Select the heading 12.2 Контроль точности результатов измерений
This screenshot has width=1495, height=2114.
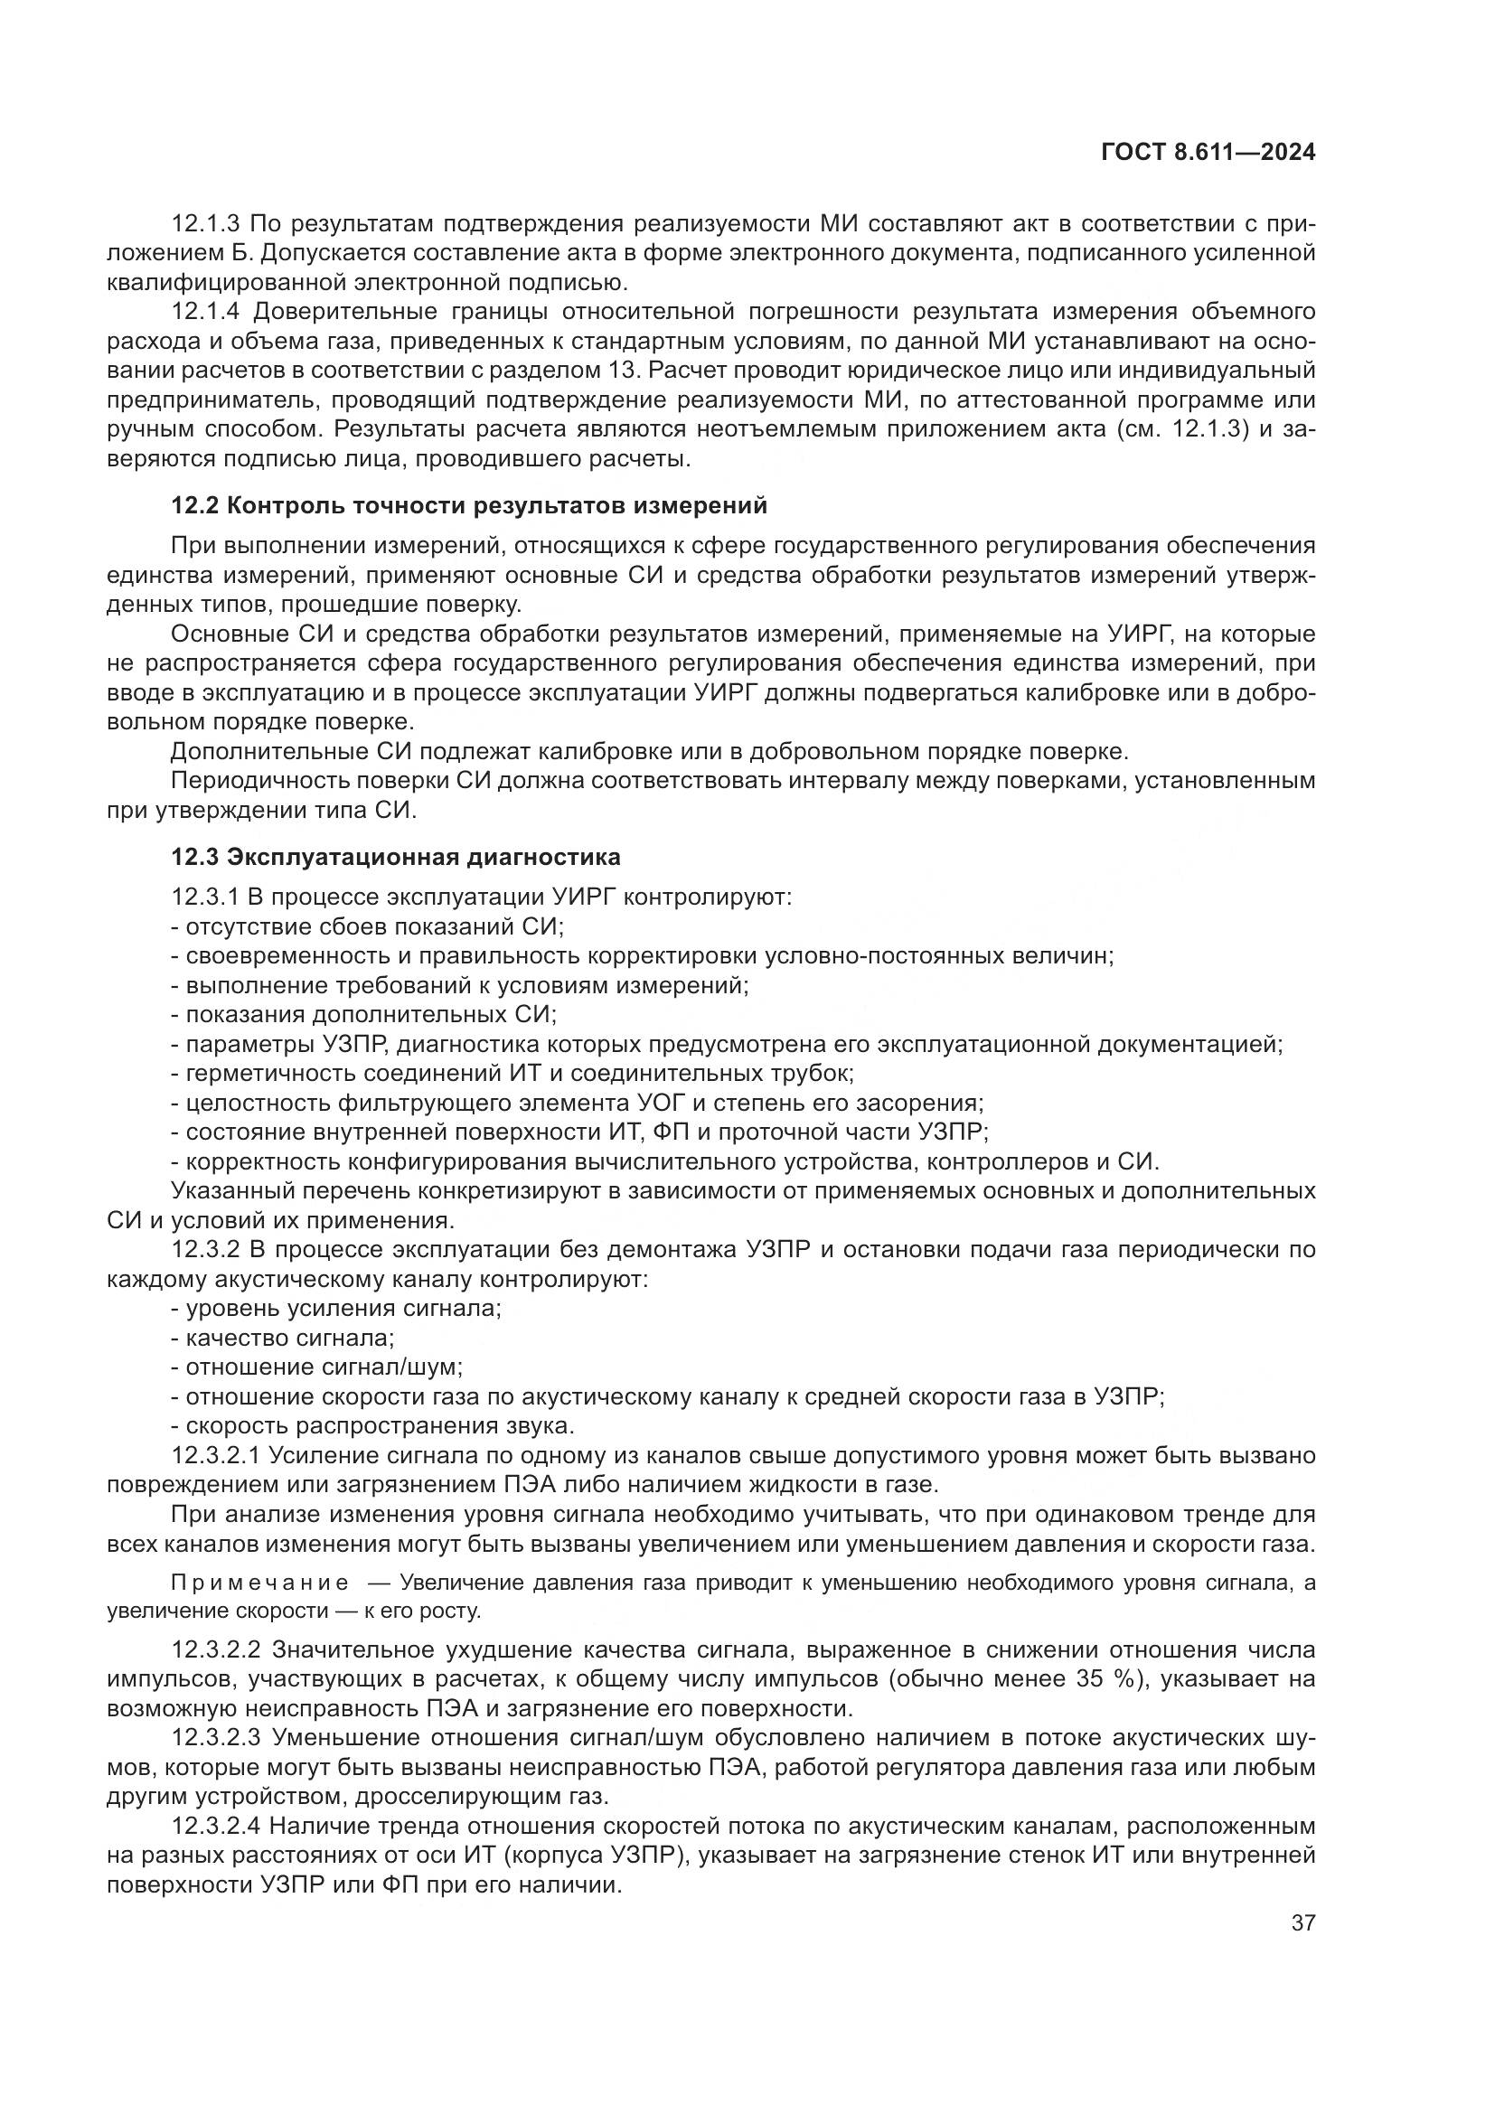(x=468, y=505)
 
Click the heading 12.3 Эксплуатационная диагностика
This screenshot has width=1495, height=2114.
(x=396, y=857)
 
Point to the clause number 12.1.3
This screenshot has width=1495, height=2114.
(x=205, y=224)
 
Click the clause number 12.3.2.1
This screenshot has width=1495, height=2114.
(x=217, y=1456)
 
